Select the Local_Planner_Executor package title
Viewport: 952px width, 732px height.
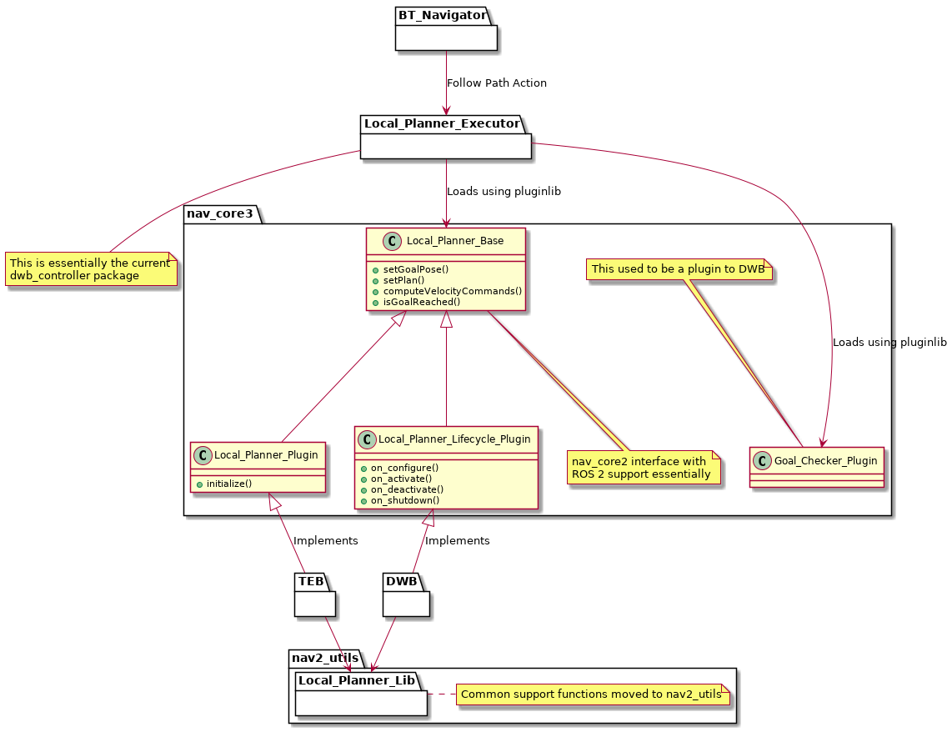pyautogui.click(x=441, y=123)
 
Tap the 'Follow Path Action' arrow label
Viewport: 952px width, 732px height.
pyautogui.click(x=497, y=83)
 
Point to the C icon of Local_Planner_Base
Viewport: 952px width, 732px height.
pyautogui.click(x=391, y=241)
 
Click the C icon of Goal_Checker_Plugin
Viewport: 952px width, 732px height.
pyautogui.click(x=762, y=459)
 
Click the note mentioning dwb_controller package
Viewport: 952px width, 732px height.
pyautogui.click(x=91, y=269)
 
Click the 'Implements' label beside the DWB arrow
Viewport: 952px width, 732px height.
pyautogui.click(x=458, y=540)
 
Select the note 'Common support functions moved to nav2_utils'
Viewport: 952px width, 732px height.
pyautogui.click(x=591, y=694)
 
